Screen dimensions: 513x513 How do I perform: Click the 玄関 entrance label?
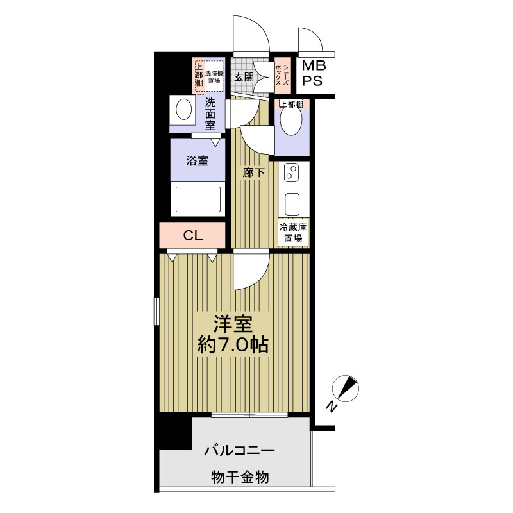point(244,77)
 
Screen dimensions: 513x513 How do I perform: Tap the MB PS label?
point(314,73)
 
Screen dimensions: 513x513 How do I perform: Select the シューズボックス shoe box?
point(283,75)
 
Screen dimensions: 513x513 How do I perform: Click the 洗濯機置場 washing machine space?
point(214,76)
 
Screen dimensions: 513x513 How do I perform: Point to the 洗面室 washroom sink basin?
point(183,109)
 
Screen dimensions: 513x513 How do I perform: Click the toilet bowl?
point(291,120)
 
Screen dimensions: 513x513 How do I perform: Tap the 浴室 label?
point(198,161)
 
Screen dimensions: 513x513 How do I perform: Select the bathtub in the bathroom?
point(198,199)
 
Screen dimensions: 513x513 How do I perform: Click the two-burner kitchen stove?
point(291,173)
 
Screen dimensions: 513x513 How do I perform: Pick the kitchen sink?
point(292,204)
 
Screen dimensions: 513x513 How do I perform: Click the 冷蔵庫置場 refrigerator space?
point(293,232)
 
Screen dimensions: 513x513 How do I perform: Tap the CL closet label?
point(193,235)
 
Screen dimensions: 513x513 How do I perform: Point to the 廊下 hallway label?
point(253,172)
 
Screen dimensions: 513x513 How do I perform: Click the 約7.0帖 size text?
point(233,344)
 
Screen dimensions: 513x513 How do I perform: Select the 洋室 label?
point(233,324)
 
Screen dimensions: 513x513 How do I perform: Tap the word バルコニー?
point(240,451)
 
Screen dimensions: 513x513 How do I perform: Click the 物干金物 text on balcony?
point(240,477)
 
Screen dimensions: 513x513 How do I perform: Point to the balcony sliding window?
point(249,415)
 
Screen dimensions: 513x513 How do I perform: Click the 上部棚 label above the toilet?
point(290,105)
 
